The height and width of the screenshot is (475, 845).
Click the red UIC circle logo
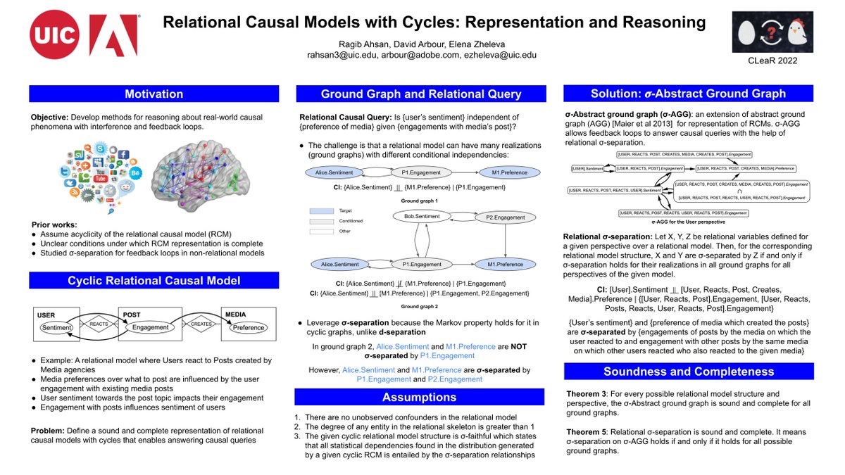click(54, 34)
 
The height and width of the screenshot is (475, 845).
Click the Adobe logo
click(113, 34)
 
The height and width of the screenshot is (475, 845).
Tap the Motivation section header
click(154, 94)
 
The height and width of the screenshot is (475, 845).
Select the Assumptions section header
click(419, 398)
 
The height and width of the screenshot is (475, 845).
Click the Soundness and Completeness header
click(688, 372)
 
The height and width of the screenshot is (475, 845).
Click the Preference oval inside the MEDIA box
click(249, 327)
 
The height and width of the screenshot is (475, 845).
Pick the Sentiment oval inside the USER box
click(56, 327)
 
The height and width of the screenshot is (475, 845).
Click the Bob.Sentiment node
click(422, 217)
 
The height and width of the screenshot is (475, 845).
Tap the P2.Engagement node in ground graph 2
click(505, 217)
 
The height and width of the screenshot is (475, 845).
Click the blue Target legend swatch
click(321, 210)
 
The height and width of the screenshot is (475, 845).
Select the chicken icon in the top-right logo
click(797, 32)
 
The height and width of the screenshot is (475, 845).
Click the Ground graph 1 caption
click(420, 201)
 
